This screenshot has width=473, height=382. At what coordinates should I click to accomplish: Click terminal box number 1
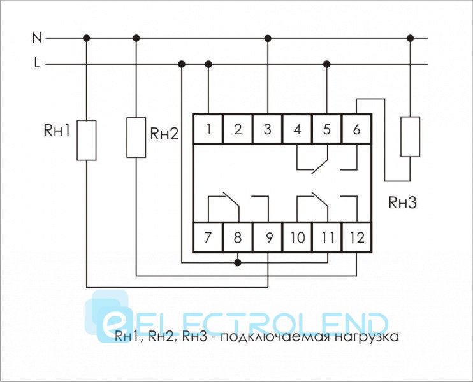pyautogui.click(x=209, y=130)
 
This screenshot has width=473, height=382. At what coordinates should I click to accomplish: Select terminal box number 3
pyautogui.click(x=267, y=130)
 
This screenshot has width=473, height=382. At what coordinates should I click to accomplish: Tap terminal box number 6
pyautogui.click(x=356, y=130)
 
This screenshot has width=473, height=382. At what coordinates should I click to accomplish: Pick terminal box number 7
pyautogui.click(x=208, y=238)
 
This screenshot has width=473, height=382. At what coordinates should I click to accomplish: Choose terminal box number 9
pyautogui.click(x=268, y=238)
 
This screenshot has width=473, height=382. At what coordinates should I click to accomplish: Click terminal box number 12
pyautogui.click(x=356, y=238)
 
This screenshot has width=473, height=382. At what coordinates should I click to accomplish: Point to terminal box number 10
pyautogui.click(x=297, y=238)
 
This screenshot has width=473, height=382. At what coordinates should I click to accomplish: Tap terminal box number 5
pyautogui.click(x=327, y=130)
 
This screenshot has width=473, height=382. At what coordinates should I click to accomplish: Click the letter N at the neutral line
pyautogui.click(x=37, y=38)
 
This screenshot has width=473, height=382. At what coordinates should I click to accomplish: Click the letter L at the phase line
pyautogui.click(x=37, y=64)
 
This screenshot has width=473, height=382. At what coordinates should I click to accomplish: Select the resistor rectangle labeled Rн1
pyautogui.click(x=87, y=139)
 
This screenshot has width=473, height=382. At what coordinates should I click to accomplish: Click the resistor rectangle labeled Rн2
pyautogui.click(x=136, y=137)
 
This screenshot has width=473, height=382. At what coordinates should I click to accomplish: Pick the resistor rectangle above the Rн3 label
pyautogui.click(x=410, y=136)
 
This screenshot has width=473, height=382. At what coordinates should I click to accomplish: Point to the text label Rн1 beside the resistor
pyautogui.click(x=58, y=131)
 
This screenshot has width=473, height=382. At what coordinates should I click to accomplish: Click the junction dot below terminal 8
pyautogui.click(x=238, y=262)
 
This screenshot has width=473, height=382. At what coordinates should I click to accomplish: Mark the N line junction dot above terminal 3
pyautogui.click(x=267, y=38)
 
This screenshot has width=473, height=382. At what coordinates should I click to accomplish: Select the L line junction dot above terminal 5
pyautogui.click(x=327, y=64)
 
